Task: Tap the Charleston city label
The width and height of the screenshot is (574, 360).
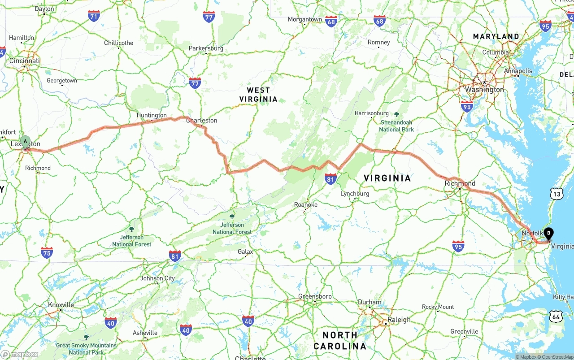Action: click(x=201, y=120)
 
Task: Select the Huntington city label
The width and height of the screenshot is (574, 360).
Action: click(x=152, y=115)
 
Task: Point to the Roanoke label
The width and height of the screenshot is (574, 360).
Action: click(x=306, y=204)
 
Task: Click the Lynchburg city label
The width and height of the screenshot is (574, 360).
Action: click(x=355, y=194)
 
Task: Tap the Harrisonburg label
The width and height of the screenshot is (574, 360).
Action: click(x=371, y=113)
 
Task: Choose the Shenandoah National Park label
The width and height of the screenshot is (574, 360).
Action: click(x=396, y=126)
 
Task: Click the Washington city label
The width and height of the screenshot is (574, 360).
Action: click(x=484, y=90)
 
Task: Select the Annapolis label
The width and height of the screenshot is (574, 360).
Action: click(x=518, y=71)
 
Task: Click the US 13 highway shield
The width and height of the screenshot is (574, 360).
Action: click(x=557, y=193)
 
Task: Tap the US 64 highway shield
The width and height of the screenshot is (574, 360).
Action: click(x=556, y=317)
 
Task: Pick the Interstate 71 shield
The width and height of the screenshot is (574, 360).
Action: click(x=94, y=17)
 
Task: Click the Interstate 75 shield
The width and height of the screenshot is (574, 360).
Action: click(x=47, y=252)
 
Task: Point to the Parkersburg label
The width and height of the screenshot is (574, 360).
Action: click(x=206, y=48)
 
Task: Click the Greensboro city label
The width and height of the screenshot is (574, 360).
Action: click(x=315, y=296)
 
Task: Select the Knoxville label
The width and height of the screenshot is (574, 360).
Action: click(x=61, y=305)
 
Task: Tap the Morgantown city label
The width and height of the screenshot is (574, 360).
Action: click(x=305, y=19)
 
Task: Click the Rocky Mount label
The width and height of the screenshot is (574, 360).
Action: click(x=438, y=307)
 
